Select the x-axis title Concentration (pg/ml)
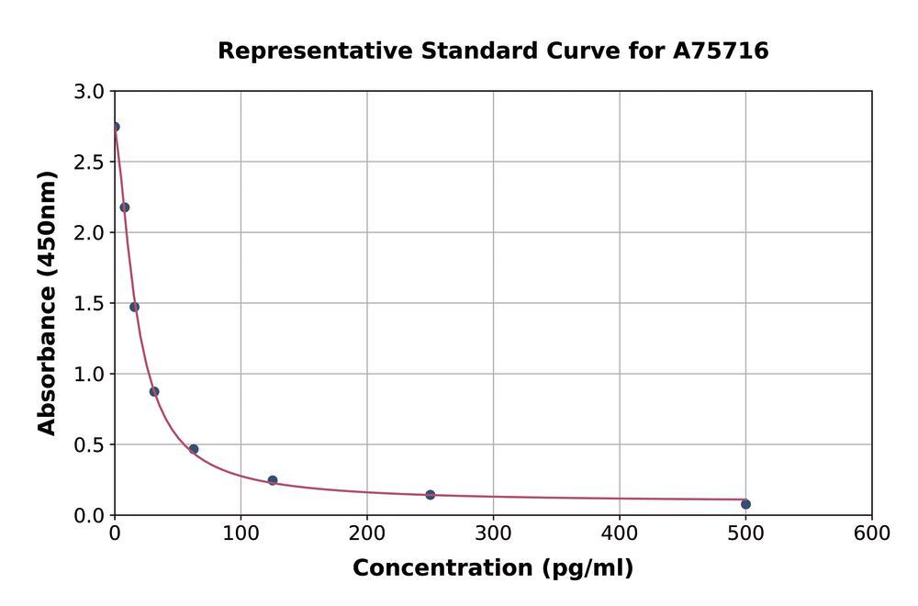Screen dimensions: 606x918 point(493,568)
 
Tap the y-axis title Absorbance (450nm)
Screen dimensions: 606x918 point(48,303)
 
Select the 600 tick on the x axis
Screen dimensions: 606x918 point(871,533)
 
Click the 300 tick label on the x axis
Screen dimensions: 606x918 point(493,533)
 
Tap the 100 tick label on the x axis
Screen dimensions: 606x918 point(241,533)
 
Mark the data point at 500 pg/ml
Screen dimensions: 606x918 point(745,504)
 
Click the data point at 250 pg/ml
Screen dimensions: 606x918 point(431,495)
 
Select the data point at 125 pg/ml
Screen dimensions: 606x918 point(273,480)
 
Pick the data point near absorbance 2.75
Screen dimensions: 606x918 point(115,127)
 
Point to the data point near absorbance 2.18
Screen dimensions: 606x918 point(125,208)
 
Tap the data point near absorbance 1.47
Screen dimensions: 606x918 point(134,307)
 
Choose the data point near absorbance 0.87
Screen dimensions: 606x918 point(154,391)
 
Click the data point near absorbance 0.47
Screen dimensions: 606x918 point(194,449)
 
